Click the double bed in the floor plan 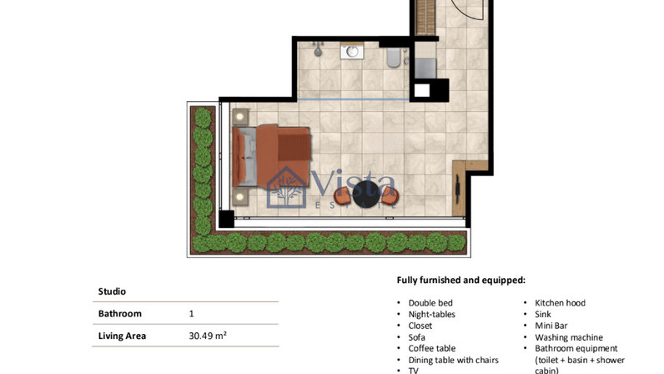pyautogui.click(x=271, y=155)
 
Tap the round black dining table pyautogui.click(x=366, y=195)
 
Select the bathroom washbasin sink pyautogui.click(x=352, y=52)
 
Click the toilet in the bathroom pyautogui.click(x=394, y=58)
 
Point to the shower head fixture pyautogui.click(x=318, y=50)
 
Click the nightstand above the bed pyautogui.click(x=240, y=116)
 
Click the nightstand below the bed pyautogui.click(x=240, y=197)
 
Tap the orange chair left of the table pyautogui.click(x=342, y=196)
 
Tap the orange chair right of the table pyautogui.click(x=390, y=196)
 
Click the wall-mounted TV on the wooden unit pyautogui.click(x=458, y=190)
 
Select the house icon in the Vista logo pyautogui.click(x=287, y=187)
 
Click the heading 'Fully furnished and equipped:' pyautogui.click(x=461, y=280)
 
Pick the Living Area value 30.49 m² pyautogui.click(x=208, y=336)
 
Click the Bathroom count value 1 pyautogui.click(x=191, y=314)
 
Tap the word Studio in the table pyautogui.click(x=112, y=291)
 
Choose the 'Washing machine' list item pyautogui.click(x=569, y=337)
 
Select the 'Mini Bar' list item pyautogui.click(x=551, y=326)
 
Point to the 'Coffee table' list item pyautogui.click(x=432, y=349)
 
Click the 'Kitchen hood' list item pyautogui.click(x=560, y=303)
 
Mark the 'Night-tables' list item pyautogui.click(x=431, y=314)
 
